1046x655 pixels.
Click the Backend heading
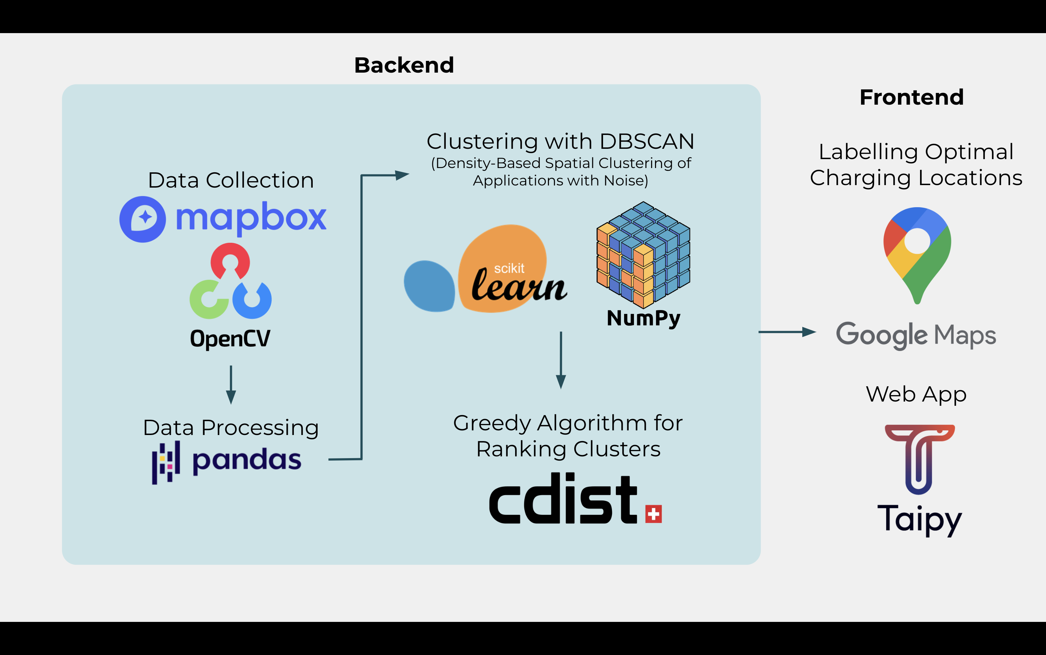point(404,65)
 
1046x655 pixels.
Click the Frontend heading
point(912,97)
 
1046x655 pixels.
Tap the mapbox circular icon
point(142,219)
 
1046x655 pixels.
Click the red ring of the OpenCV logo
point(230,260)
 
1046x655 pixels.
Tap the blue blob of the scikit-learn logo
point(429,286)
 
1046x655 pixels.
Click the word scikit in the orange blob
point(509,268)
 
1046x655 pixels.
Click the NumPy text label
point(643,318)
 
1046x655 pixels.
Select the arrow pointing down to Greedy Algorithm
point(561,360)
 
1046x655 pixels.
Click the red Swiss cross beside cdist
point(653,514)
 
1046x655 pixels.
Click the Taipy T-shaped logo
point(919,459)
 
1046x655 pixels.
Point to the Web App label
point(916,394)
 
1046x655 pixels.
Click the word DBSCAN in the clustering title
point(647,142)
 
